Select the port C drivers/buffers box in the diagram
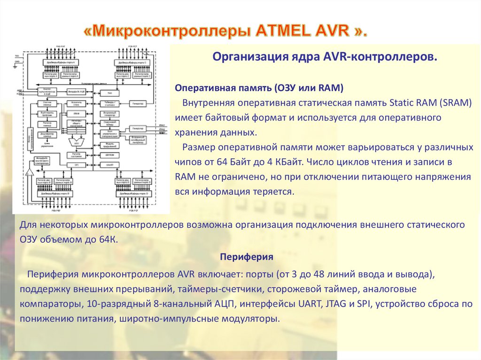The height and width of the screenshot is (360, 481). click(x=132, y=62)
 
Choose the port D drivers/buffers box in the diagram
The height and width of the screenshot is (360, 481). click(x=133, y=193)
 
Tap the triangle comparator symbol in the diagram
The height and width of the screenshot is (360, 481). click(x=30, y=172)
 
